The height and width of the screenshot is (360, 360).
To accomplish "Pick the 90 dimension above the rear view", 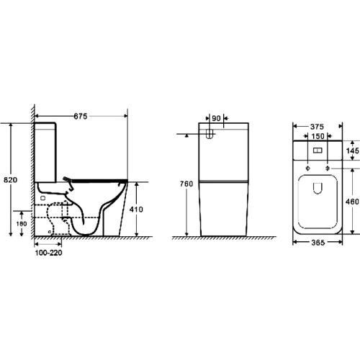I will click(x=215, y=120).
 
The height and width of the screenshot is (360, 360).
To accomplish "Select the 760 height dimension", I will click(x=186, y=184).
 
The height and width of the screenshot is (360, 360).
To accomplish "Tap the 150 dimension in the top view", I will click(x=317, y=139).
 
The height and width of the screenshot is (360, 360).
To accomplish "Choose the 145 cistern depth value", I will click(x=352, y=151).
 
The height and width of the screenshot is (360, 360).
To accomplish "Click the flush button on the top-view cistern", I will click(x=318, y=152).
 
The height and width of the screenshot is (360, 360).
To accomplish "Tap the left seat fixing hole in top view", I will click(x=307, y=168).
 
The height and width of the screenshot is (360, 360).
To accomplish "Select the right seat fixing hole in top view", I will click(x=328, y=168).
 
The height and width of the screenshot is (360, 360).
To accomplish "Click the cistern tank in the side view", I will click(x=46, y=151).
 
